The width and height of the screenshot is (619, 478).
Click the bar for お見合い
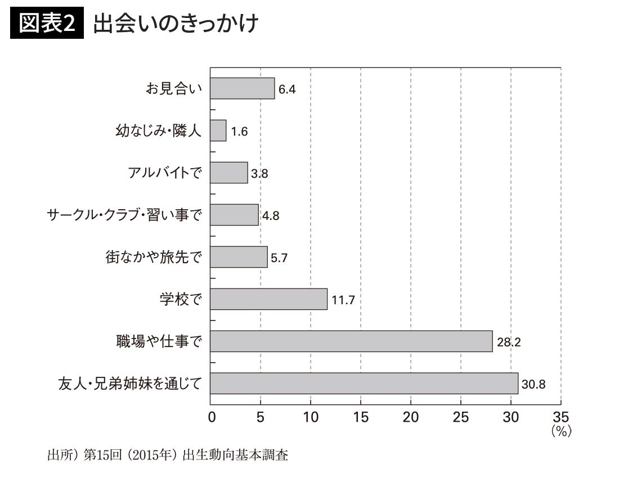tap(242, 88)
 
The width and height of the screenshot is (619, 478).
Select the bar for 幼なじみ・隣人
tap(218, 130)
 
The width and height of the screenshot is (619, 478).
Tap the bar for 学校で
tap(268, 299)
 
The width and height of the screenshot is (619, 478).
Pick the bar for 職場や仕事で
tap(351, 341)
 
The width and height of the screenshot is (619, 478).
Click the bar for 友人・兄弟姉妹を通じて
tap(364, 383)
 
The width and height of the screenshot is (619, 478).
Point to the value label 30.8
tap(534, 385)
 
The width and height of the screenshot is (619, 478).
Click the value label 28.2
tap(509, 342)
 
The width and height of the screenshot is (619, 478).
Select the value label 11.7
tap(343, 300)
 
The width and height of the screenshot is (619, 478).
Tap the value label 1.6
tap(239, 132)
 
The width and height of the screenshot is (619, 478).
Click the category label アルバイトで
tap(164, 173)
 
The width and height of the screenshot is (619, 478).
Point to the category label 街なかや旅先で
tap(153, 257)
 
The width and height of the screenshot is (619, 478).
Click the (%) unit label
tap(561, 431)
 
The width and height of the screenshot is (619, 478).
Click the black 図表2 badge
tap(47, 24)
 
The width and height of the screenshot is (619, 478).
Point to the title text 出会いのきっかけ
tap(176, 24)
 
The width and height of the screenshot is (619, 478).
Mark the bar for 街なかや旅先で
tap(239, 257)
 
